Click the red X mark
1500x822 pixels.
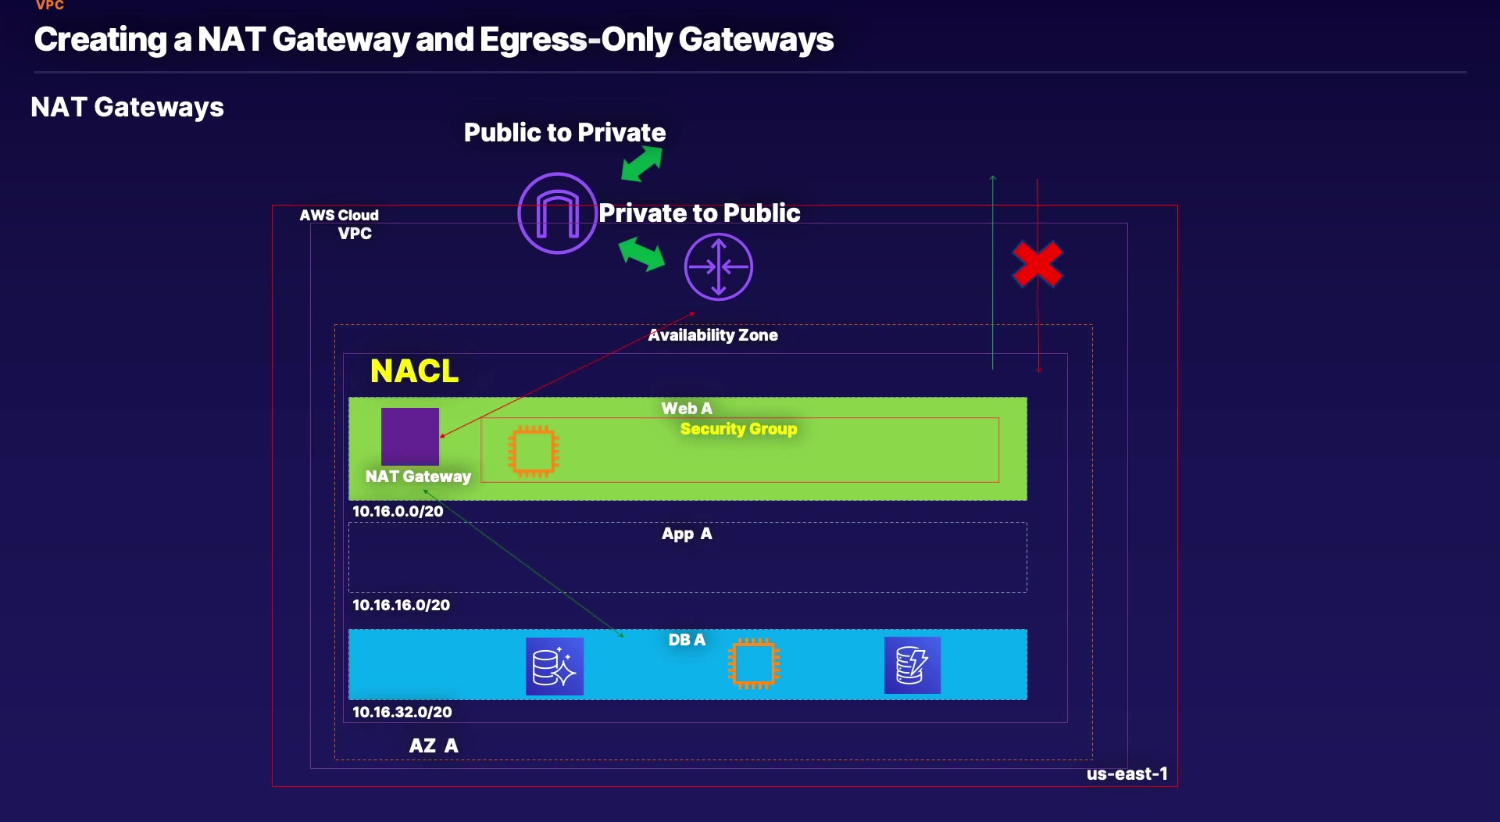(1037, 264)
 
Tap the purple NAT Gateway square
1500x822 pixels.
(410, 436)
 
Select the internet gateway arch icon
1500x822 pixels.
(557, 213)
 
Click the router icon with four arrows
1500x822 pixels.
(718, 267)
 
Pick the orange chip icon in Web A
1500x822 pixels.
(534, 451)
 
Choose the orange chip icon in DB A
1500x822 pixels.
(754, 664)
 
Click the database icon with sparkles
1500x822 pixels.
(555, 667)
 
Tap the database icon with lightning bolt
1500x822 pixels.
(912, 666)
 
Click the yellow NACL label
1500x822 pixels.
(414, 371)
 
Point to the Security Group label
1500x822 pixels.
(738, 429)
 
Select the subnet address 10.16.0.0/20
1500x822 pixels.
(398, 512)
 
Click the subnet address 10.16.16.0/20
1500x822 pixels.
(401, 606)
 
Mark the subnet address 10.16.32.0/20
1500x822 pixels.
(402, 713)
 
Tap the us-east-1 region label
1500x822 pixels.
(1127, 774)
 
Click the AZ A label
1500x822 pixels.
(434, 746)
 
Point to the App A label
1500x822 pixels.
(687, 534)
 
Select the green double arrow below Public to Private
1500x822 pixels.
(641, 165)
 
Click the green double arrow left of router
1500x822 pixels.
(641, 254)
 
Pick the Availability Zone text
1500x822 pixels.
(712, 335)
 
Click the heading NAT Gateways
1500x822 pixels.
(127, 107)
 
